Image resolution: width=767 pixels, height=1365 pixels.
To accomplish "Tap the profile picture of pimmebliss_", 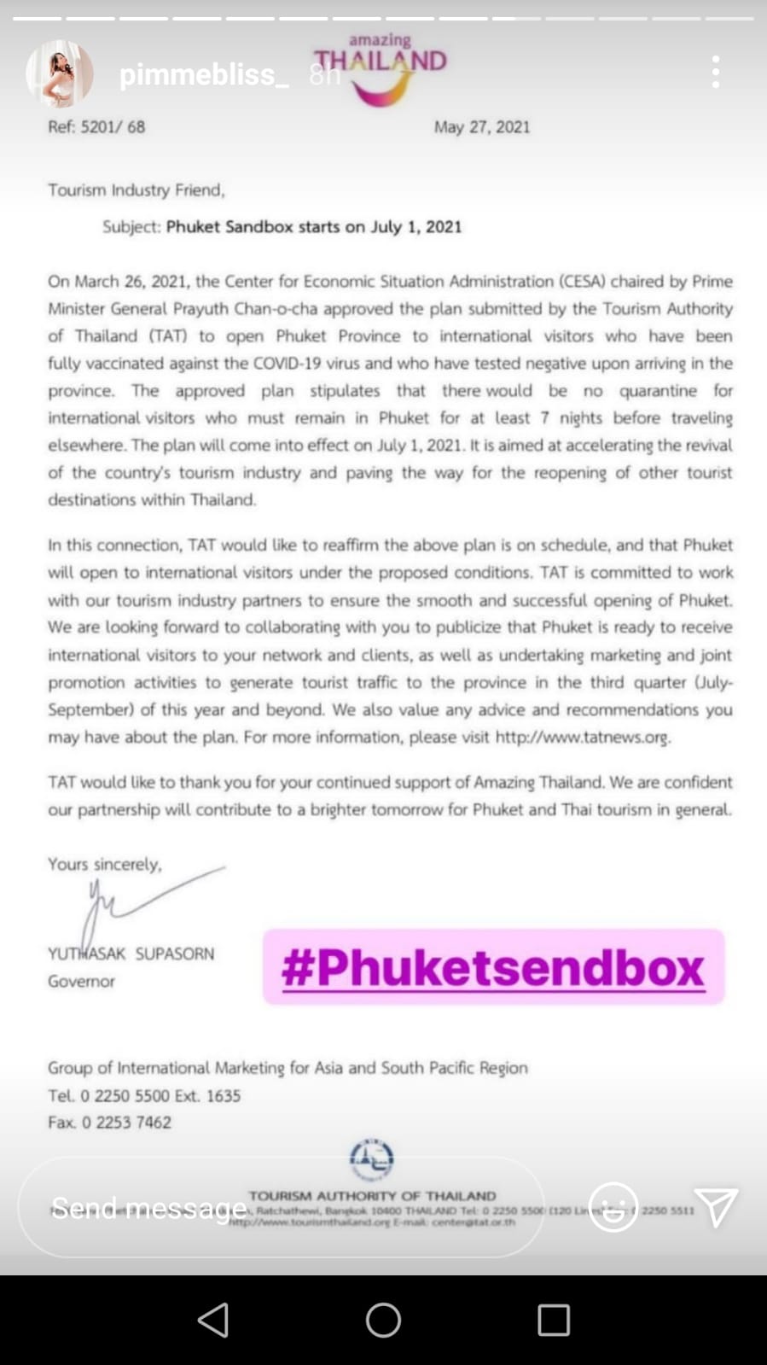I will [59, 73].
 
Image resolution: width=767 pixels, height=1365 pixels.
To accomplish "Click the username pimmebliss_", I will [204, 75].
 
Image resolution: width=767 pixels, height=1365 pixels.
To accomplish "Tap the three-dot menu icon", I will [715, 73].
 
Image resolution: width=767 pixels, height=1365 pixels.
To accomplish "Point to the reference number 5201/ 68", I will [113, 127].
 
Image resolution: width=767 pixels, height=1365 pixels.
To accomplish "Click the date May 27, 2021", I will [481, 127].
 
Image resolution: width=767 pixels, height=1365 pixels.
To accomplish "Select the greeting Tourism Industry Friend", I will [136, 190].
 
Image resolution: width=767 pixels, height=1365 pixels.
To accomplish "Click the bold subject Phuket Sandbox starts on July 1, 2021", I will [313, 227].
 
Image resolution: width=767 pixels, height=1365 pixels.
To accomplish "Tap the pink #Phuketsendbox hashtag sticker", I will [493, 967].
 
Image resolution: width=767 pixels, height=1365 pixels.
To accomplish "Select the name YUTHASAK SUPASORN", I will [131, 954].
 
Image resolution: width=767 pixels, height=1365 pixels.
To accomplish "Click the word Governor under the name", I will [81, 982].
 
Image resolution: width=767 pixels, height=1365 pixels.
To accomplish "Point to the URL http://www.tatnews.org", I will [582, 737].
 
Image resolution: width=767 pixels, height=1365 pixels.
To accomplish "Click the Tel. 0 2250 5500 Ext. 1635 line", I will [143, 1095].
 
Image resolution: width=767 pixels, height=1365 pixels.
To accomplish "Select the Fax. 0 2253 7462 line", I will [109, 1123].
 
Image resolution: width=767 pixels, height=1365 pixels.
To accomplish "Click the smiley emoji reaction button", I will [613, 1207].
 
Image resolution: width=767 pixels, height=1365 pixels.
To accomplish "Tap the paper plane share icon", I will [715, 1207].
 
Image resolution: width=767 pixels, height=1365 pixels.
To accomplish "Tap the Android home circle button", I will [383, 1320].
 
